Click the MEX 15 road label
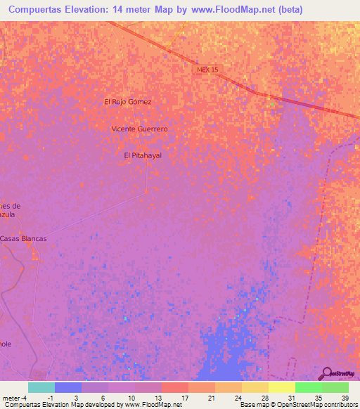click(x=207, y=70)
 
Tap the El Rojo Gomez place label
click(x=128, y=102)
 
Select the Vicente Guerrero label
click(x=140, y=129)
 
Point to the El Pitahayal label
click(x=143, y=155)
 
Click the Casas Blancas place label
click(x=24, y=239)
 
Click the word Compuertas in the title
click(x=32, y=9)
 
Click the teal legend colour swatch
click(x=41, y=387)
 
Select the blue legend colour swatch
click(x=68, y=387)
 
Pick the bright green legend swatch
click(x=309, y=387)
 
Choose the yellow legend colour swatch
click(x=282, y=387)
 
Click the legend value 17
click(x=184, y=398)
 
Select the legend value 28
click(x=264, y=398)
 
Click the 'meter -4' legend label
click(x=15, y=398)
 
